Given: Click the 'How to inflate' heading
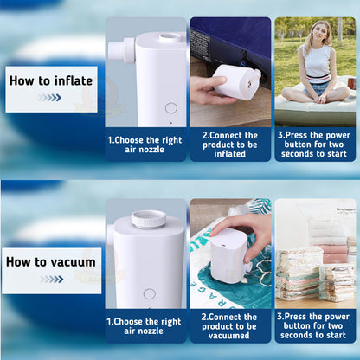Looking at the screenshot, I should point(50,80).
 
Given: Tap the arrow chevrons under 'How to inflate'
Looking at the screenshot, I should point(49,98).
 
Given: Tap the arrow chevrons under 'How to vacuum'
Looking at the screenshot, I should point(49,279).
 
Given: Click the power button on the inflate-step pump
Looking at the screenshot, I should point(170,108).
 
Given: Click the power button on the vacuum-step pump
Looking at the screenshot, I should point(149,293).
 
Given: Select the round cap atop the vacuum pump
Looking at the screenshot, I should point(148,220).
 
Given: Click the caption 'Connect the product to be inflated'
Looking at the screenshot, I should point(229,145).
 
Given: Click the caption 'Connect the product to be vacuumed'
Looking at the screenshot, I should point(229,326).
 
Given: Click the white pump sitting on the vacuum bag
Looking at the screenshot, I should point(229,256).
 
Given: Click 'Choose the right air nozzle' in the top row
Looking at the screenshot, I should point(145,145).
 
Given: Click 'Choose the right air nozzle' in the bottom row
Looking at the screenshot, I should point(145,326).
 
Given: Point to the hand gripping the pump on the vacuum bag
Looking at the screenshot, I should point(254,229).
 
